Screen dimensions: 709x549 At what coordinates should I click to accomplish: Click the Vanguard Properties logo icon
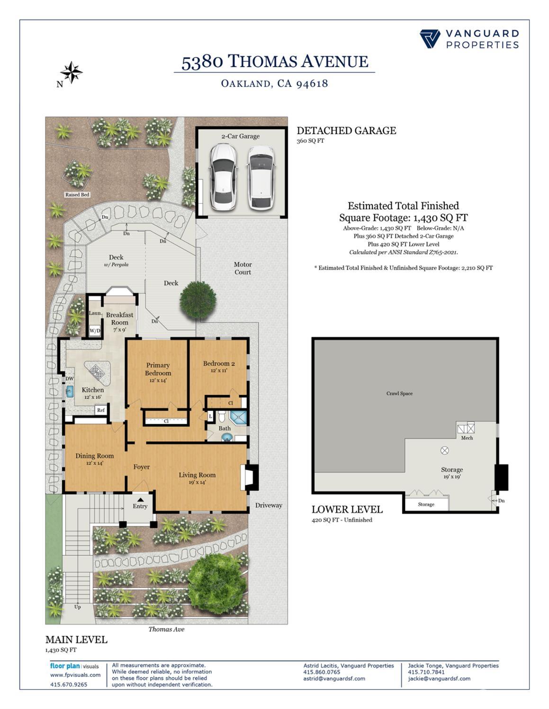[x=430, y=39]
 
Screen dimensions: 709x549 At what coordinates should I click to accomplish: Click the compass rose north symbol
[x=72, y=72]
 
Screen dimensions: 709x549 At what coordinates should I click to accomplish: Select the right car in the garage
[x=260, y=177]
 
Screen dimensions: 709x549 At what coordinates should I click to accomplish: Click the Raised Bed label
[x=77, y=194]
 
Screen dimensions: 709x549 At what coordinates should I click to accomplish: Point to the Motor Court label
[x=243, y=268]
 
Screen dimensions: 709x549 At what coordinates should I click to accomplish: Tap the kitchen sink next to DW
[x=70, y=391]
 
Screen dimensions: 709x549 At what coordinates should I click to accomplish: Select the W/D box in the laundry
[x=95, y=331]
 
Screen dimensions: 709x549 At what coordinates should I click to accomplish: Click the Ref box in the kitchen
[x=101, y=410]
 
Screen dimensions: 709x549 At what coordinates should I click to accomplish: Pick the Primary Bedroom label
[x=158, y=369]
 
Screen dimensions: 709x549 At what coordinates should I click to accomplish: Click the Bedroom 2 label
[x=219, y=364]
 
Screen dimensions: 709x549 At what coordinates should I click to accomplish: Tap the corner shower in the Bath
[x=238, y=418]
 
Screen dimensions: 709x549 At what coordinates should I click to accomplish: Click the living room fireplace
[x=250, y=477]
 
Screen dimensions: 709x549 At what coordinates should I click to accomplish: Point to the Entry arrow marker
[x=140, y=499]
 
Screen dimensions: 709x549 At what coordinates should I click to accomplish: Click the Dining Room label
[x=94, y=456]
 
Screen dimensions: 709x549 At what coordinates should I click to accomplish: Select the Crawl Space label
[x=399, y=393]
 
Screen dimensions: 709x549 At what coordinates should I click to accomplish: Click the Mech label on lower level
[x=467, y=438]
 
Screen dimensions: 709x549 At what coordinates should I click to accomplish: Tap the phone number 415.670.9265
[x=69, y=684]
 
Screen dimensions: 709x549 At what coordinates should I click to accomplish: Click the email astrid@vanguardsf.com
[x=334, y=678]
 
